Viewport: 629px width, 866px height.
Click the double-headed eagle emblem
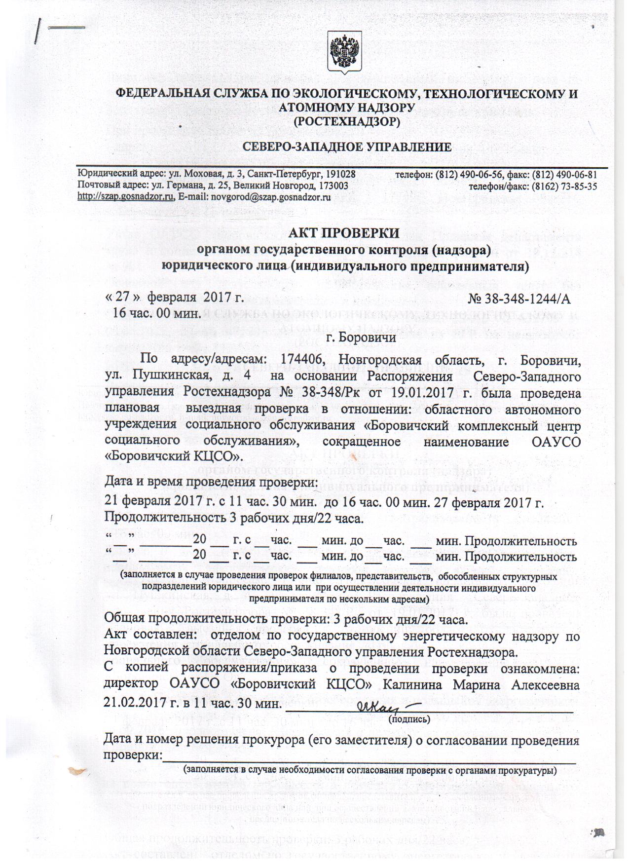[x=345, y=50]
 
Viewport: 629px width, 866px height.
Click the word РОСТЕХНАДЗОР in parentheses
[x=346, y=120]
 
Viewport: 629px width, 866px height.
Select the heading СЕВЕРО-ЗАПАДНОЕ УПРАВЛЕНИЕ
[x=347, y=147]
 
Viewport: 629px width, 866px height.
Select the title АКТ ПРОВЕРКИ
[x=344, y=232]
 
